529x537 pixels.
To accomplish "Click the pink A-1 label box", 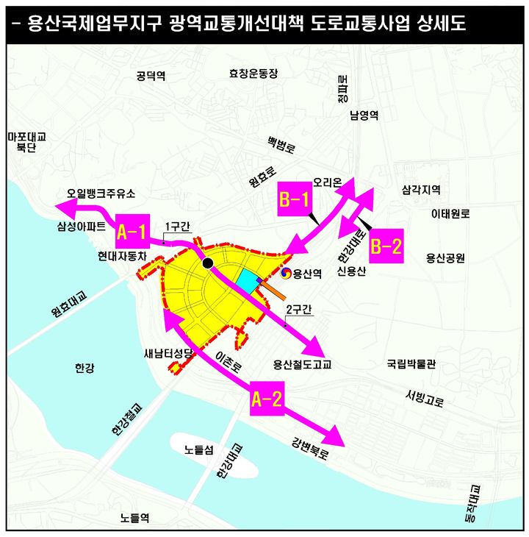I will [x=133, y=233].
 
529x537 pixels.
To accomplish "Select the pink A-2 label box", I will [x=267, y=399].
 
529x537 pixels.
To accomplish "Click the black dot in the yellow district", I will [x=208, y=263].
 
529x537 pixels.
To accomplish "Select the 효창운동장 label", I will [x=254, y=74].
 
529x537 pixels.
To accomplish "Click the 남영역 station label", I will [x=364, y=115].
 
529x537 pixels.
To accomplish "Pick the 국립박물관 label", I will [x=411, y=363].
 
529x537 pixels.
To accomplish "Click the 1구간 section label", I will [x=178, y=225].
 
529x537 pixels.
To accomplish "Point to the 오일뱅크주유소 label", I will [x=101, y=194].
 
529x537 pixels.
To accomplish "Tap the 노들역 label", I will [x=134, y=518].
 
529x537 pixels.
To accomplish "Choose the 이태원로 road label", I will [x=450, y=214].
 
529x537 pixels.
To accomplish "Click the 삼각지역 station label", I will [x=421, y=189].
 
